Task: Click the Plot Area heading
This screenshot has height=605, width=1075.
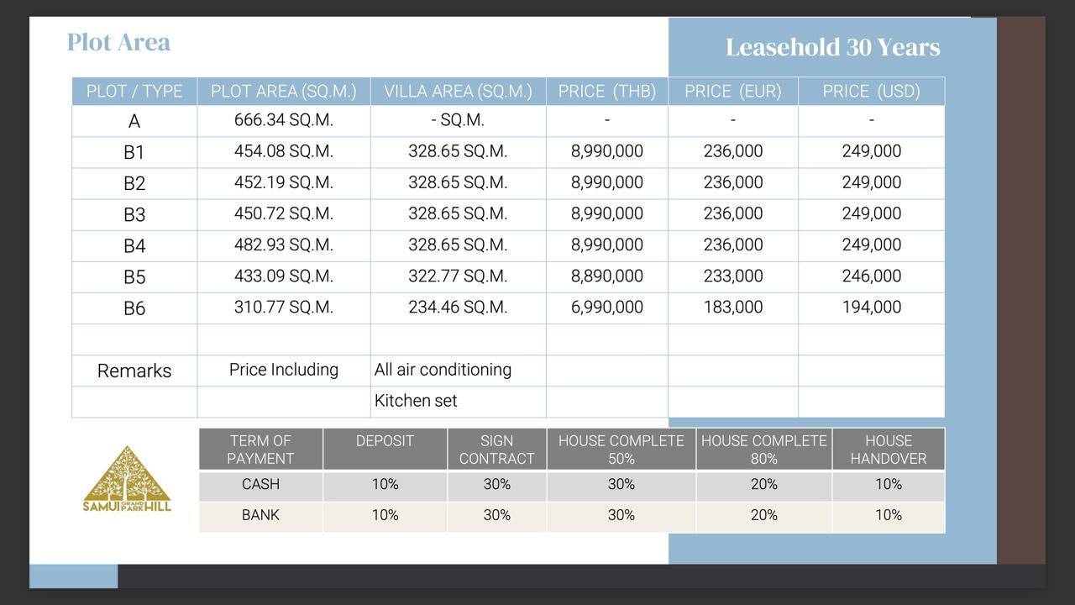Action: pyautogui.click(x=118, y=42)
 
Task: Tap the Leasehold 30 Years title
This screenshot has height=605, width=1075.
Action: pyautogui.click(x=832, y=47)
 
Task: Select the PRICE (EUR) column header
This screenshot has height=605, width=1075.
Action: pyautogui.click(x=732, y=92)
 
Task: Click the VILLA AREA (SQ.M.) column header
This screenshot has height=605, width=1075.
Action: pyautogui.click(x=458, y=92)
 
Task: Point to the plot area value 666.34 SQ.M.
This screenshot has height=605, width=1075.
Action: pyautogui.click(x=283, y=120)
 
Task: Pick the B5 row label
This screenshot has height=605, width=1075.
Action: pyautogui.click(x=134, y=277)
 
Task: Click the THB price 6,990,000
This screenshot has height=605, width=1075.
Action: pyautogui.click(x=606, y=308)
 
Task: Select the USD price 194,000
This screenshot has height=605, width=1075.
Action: pyautogui.click(x=871, y=308)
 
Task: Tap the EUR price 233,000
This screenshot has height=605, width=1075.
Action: pyautogui.click(x=732, y=276)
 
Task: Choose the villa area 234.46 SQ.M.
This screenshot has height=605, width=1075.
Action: pyautogui.click(x=458, y=308)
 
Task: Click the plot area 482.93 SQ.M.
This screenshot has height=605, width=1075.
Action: pyautogui.click(x=283, y=245)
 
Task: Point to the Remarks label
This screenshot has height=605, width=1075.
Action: pyautogui.click(x=134, y=371)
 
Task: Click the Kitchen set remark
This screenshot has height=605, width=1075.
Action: pyautogui.click(x=416, y=401)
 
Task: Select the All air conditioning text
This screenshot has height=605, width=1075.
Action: pyautogui.click(x=443, y=370)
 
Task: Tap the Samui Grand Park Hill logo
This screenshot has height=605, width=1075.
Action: pyautogui.click(x=127, y=479)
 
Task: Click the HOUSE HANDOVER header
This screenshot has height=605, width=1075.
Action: pyautogui.click(x=888, y=450)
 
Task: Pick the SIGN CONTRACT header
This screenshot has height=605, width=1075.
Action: pyautogui.click(x=496, y=450)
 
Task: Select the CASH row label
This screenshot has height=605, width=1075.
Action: pyautogui.click(x=260, y=485)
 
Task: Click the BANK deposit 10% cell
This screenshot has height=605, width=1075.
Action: pyautogui.click(x=385, y=515)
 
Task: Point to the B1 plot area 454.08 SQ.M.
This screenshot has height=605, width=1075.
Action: pyautogui.click(x=283, y=151)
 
